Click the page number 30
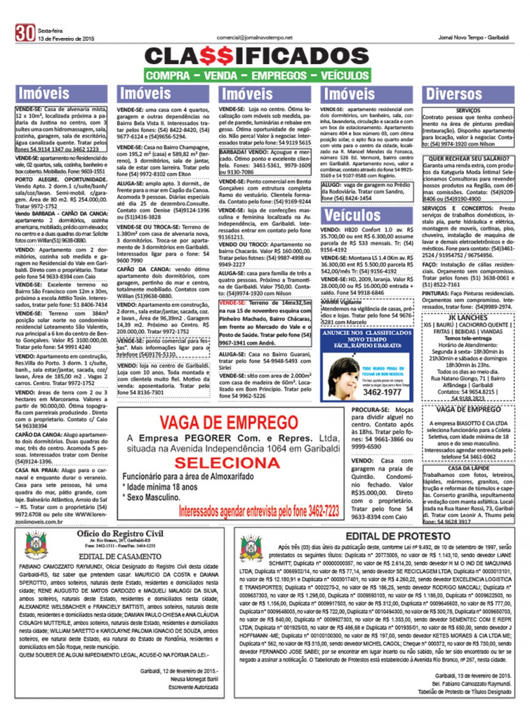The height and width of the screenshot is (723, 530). [x=25, y=33]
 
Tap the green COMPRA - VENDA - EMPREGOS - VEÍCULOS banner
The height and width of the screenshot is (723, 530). [x=257, y=76]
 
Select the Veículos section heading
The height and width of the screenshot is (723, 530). [x=352, y=215]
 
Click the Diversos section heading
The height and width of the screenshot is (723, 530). [x=454, y=94]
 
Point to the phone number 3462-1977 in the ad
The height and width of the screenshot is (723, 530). [x=382, y=392]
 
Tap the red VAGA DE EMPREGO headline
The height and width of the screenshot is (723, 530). [x=228, y=422]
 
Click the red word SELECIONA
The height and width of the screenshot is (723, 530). [x=227, y=462]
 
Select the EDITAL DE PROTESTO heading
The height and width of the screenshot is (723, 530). [x=398, y=536]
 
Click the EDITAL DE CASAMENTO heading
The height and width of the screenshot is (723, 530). [x=120, y=556]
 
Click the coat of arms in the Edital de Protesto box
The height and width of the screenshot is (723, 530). [x=251, y=548]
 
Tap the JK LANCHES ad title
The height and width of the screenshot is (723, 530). [x=467, y=318]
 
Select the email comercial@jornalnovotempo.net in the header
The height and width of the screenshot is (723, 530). [x=254, y=38]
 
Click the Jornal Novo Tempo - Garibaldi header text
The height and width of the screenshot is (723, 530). [x=473, y=38]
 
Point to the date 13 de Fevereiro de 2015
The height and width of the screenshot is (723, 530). [x=66, y=39]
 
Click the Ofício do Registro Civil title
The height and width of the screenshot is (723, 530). [x=120, y=534]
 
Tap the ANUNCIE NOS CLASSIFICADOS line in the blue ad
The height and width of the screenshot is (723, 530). [x=367, y=333]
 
